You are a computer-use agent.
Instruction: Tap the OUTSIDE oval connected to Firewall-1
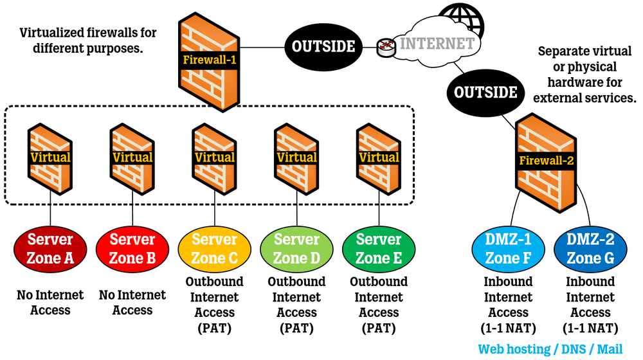coord(323,46)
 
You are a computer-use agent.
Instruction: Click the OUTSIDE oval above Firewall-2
coord(485,92)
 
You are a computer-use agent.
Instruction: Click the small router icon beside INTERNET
coord(386,46)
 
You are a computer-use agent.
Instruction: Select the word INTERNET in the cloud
coord(437,44)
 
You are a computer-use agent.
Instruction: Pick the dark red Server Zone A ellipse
coord(50,249)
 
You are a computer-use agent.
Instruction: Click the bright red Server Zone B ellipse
coord(132,249)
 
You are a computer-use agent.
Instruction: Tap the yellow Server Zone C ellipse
coord(215,249)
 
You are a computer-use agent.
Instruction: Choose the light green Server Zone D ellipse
coord(296,249)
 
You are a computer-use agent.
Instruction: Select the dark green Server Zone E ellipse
coord(379,249)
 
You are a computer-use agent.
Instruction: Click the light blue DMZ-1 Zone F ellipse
coord(508,249)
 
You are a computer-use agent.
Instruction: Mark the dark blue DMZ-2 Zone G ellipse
coord(590,249)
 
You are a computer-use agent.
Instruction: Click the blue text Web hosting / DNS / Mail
coord(550,349)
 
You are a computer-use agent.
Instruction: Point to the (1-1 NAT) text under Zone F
coord(508,328)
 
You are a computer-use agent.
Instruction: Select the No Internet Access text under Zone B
coord(132,302)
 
